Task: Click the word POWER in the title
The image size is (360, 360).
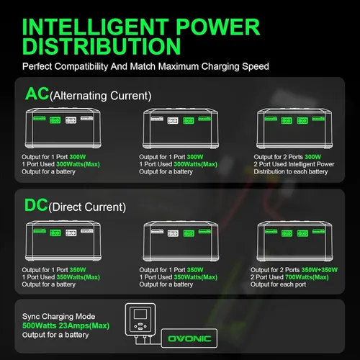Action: [x=218, y=27]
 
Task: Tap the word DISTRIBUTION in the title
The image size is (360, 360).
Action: [x=102, y=46]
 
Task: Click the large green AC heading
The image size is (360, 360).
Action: [x=37, y=94]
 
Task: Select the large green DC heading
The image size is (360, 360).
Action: [x=36, y=205]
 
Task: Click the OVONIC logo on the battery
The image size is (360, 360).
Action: [x=189, y=338]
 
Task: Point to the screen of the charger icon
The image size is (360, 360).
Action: [x=140, y=314]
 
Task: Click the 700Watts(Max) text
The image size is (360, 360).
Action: [x=307, y=277]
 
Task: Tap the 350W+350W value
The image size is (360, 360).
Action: [x=320, y=270]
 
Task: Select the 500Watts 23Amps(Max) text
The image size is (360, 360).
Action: [x=66, y=325]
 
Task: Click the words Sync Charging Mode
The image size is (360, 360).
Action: [x=58, y=317]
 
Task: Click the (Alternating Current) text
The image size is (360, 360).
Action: [x=100, y=96]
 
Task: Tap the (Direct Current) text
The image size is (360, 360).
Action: [x=87, y=207]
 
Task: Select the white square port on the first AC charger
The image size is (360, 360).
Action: [x=71, y=120]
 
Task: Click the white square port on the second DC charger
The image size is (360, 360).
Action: [x=173, y=233]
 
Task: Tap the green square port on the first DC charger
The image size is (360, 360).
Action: [x=55, y=233]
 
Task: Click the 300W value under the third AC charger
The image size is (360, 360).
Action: [x=312, y=157]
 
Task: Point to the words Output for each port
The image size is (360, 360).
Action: [x=278, y=284]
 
